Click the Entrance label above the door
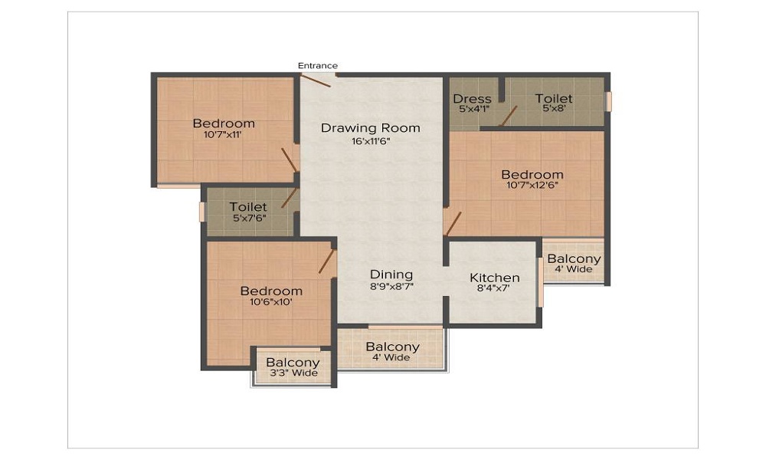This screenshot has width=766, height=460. point(318,65)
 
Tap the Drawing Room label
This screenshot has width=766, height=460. point(370,128)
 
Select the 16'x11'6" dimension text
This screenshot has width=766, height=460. point(371,142)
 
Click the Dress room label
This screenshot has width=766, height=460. point(472,99)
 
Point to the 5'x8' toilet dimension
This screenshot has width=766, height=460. point(554,109)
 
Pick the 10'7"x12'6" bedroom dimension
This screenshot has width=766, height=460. point(532,186)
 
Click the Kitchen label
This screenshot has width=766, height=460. point(494,278)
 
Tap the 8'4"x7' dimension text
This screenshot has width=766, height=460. point(493,288)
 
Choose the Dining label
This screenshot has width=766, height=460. point(391,274)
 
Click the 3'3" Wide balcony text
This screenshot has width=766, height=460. point(293,373)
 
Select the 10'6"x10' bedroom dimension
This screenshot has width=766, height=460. point(270,302)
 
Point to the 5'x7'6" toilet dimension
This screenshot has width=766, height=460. point(249,218)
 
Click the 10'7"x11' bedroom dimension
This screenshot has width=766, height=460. point(223,134)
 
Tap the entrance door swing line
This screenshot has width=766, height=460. point(316,80)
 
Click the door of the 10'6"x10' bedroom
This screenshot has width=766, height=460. point(326,261)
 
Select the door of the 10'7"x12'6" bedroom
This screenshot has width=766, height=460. point(453,224)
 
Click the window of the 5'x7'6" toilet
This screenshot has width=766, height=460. point(201,212)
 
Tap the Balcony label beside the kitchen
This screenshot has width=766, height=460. point(574,258)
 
